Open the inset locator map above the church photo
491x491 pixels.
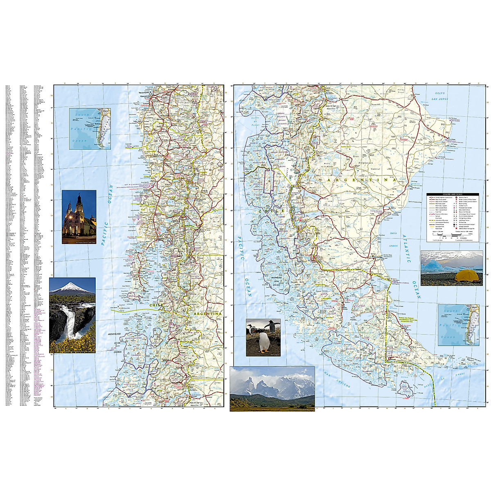(x=90, y=128)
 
